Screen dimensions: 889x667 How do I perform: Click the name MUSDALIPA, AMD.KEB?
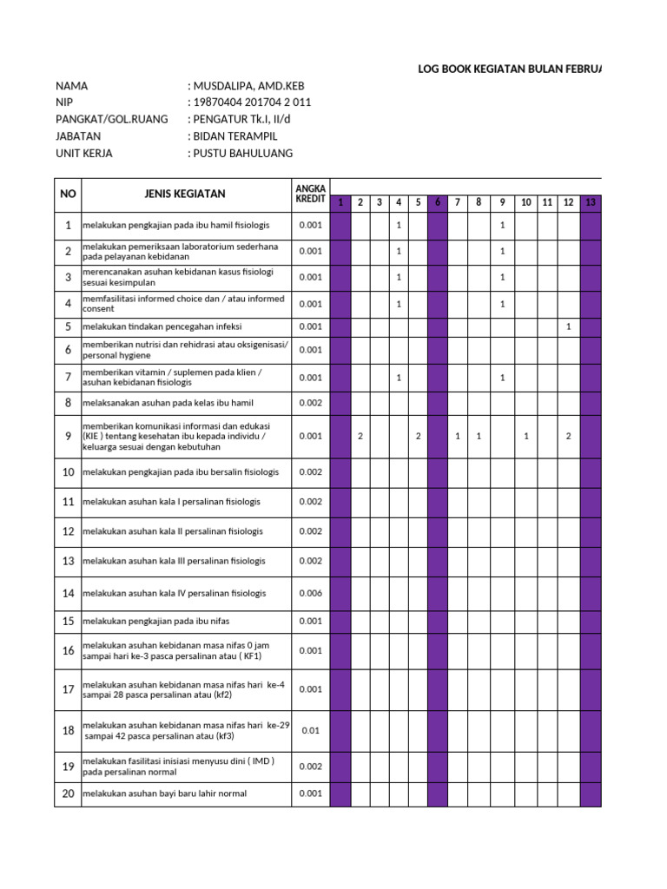248,86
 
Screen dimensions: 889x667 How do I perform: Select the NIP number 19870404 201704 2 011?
250,102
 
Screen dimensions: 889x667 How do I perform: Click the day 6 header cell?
438,203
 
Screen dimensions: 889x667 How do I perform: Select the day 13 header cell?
591,203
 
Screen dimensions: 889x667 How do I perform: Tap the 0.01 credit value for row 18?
310,730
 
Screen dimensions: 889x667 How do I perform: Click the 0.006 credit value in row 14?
310,593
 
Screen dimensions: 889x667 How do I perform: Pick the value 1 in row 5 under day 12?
568,326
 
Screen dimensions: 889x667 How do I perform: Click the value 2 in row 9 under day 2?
360,436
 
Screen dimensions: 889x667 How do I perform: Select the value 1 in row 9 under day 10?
526,436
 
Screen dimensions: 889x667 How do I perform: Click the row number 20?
68,794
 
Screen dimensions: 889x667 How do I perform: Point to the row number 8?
68,403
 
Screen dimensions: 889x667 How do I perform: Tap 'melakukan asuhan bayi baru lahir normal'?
164,794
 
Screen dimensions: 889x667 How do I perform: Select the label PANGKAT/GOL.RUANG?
112,119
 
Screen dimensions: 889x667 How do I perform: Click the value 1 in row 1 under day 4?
399,226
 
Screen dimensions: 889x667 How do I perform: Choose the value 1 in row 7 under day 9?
502,378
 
